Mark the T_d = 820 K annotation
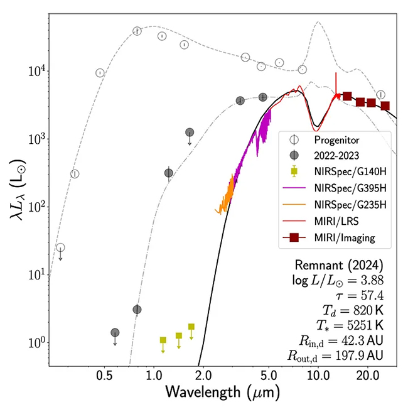point(357,308)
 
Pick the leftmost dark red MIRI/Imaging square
point(346,96)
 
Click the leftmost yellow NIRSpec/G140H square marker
point(163,340)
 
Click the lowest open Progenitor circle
point(60,247)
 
